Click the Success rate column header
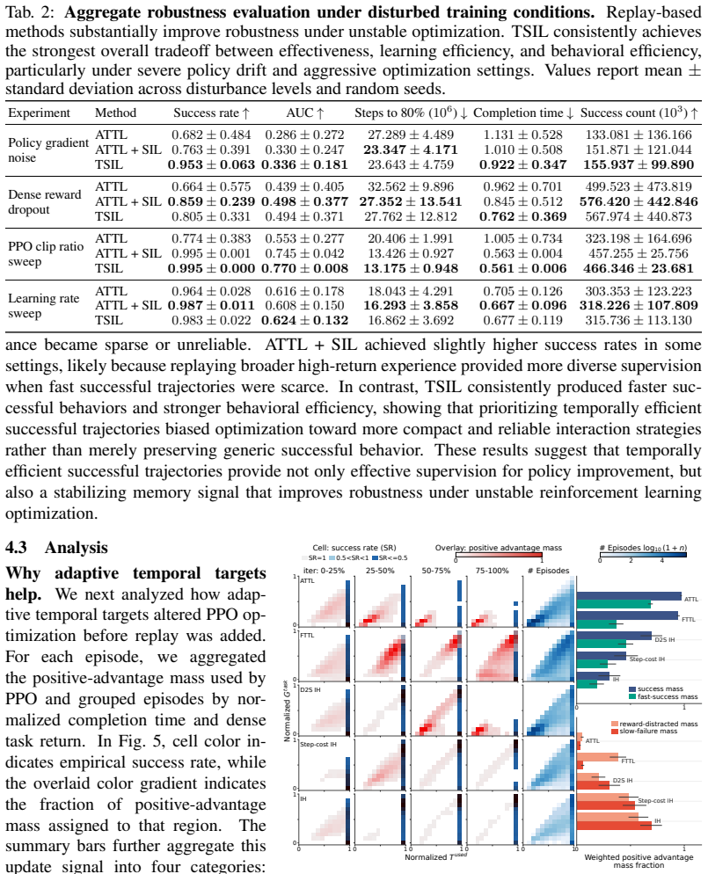point(211,113)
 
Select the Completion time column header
point(523,113)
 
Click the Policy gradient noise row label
point(48,150)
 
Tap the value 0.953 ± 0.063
point(211,165)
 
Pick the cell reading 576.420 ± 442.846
point(639,201)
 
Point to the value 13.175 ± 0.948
point(411,269)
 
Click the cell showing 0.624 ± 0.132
point(304,321)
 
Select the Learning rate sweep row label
point(43,306)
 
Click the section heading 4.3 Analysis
point(56,548)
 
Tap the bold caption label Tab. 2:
point(31,13)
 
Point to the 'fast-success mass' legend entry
point(663,696)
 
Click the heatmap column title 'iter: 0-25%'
point(324,571)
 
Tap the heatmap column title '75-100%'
point(492,571)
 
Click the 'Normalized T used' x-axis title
point(435,856)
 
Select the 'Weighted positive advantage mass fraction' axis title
point(639,861)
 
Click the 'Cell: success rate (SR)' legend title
point(354,548)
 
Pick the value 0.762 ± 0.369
point(523,217)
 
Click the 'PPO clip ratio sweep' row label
point(46,254)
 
